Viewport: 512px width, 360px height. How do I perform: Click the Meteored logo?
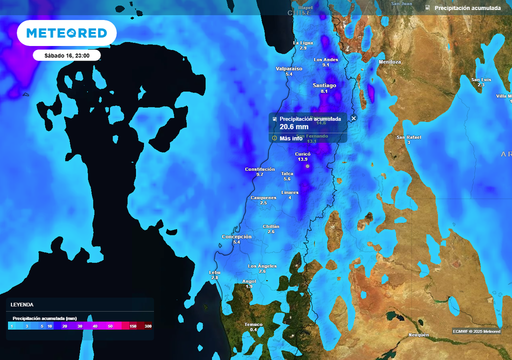(x=66, y=33)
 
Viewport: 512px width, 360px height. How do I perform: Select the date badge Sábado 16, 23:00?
(x=66, y=55)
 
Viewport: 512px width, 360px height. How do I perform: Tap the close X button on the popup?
(x=354, y=118)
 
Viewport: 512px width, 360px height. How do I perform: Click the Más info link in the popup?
(x=290, y=138)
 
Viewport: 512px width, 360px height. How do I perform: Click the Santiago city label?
(x=324, y=85)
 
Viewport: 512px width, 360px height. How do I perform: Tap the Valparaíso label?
(x=289, y=68)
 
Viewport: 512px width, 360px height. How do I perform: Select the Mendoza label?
(x=390, y=62)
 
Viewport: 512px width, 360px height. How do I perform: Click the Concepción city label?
(x=236, y=236)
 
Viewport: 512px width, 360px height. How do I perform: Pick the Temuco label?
(x=253, y=324)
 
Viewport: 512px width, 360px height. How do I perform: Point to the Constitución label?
(x=259, y=169)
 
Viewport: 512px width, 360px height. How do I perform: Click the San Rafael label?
(x=408, y=137)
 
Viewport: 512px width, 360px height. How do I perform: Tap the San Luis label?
(x=481, y=79)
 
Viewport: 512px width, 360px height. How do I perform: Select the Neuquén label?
(x=418, y=334)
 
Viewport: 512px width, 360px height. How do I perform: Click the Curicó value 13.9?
(x=302, y=159)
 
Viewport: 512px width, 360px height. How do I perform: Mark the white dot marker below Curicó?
(x=307, y=165)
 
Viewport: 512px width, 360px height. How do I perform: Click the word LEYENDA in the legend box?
(x=22, y=304)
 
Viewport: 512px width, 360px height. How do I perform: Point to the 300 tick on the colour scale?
(x=147, y=326)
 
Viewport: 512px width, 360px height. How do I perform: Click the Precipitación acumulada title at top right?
(x=467, y=8)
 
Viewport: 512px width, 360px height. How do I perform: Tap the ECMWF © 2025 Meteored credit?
(x=476, y=331)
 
